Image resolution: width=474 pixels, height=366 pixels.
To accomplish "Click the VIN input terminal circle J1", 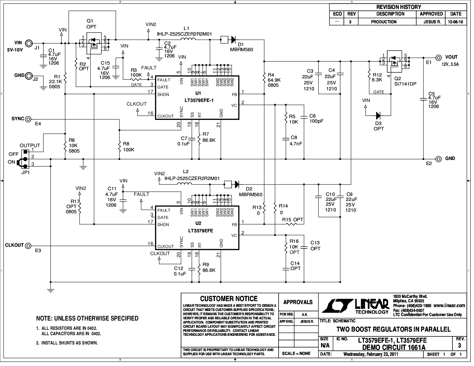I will (x=29, y=43).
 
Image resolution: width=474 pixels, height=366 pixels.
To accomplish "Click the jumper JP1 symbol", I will (x=24, y=159).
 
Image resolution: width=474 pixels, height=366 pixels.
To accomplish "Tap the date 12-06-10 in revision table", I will (x=455, y=22).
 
